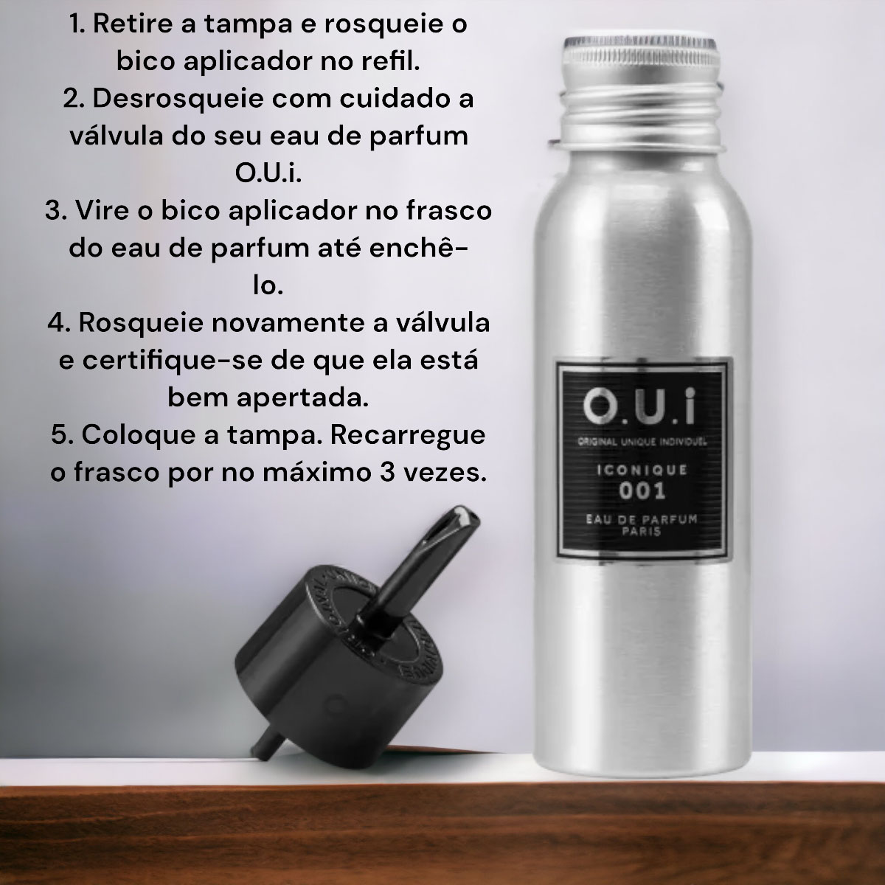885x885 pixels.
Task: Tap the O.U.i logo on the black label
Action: [x=639, y=406]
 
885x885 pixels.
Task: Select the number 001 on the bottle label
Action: [x=642, y=491]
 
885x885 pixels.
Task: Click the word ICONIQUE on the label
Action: [x=642, y=469]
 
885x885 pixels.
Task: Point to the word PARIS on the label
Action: [x=642, y=531]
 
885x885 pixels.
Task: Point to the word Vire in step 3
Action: [x=103, y=210]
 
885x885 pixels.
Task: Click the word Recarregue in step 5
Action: [x=408, y=435]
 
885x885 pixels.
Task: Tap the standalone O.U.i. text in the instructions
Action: [x=268, y=173]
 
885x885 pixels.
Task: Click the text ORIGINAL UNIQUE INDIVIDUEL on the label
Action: [x=642, y=441]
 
